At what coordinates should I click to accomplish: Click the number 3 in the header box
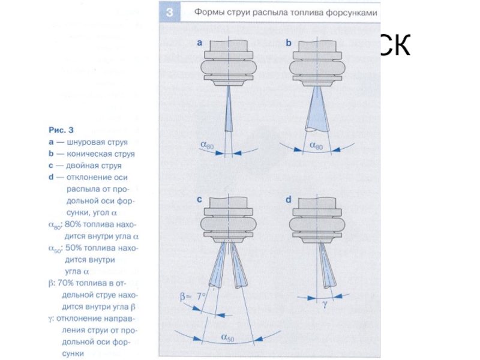click(170, 12)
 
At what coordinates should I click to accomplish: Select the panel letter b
click(289, 43)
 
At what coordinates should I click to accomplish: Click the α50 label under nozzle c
click(227, 338)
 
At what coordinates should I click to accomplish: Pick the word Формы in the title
click(209, 12)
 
